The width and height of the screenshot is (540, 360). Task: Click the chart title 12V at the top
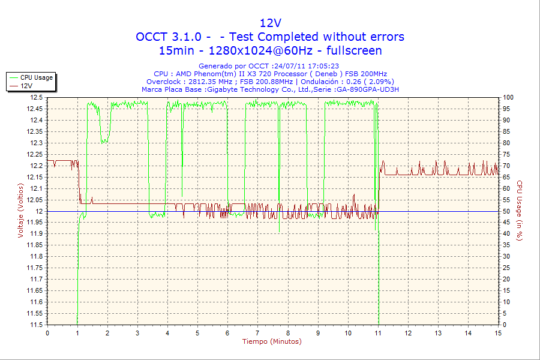click(270, 23)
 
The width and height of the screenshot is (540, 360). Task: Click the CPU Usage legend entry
click(36, 77)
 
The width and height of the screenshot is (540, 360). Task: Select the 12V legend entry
click(26, 86)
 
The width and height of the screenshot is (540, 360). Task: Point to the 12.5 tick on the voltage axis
click(37, 97)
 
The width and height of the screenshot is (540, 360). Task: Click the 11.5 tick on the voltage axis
click(37, 325)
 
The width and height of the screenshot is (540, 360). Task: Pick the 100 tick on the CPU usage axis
click(508, 97)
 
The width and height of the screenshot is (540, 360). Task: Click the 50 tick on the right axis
click(506, 211)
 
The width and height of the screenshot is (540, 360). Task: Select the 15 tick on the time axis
click(498, 332)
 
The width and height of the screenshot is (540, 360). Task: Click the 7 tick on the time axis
click(257, 332)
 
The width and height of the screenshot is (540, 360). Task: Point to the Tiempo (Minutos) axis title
click(272, 341)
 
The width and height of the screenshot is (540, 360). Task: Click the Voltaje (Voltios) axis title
click(21, 211)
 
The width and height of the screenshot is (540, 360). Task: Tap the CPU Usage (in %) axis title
click(520, 211)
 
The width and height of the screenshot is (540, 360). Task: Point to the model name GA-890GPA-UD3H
click(368, 89)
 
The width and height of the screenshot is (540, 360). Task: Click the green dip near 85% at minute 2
click(105, 141)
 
